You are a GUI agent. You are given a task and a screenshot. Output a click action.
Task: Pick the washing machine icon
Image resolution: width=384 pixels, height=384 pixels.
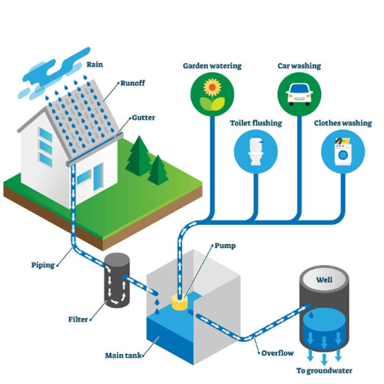click(x=342, y=151)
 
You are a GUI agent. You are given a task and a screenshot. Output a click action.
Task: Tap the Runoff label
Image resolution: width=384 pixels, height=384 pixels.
click(x=133, y=82)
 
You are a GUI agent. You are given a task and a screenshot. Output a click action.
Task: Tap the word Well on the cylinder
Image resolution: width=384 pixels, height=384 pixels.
click(x=325, y=281)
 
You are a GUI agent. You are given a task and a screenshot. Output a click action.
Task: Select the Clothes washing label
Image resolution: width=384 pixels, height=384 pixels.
click(x=343, y=122)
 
